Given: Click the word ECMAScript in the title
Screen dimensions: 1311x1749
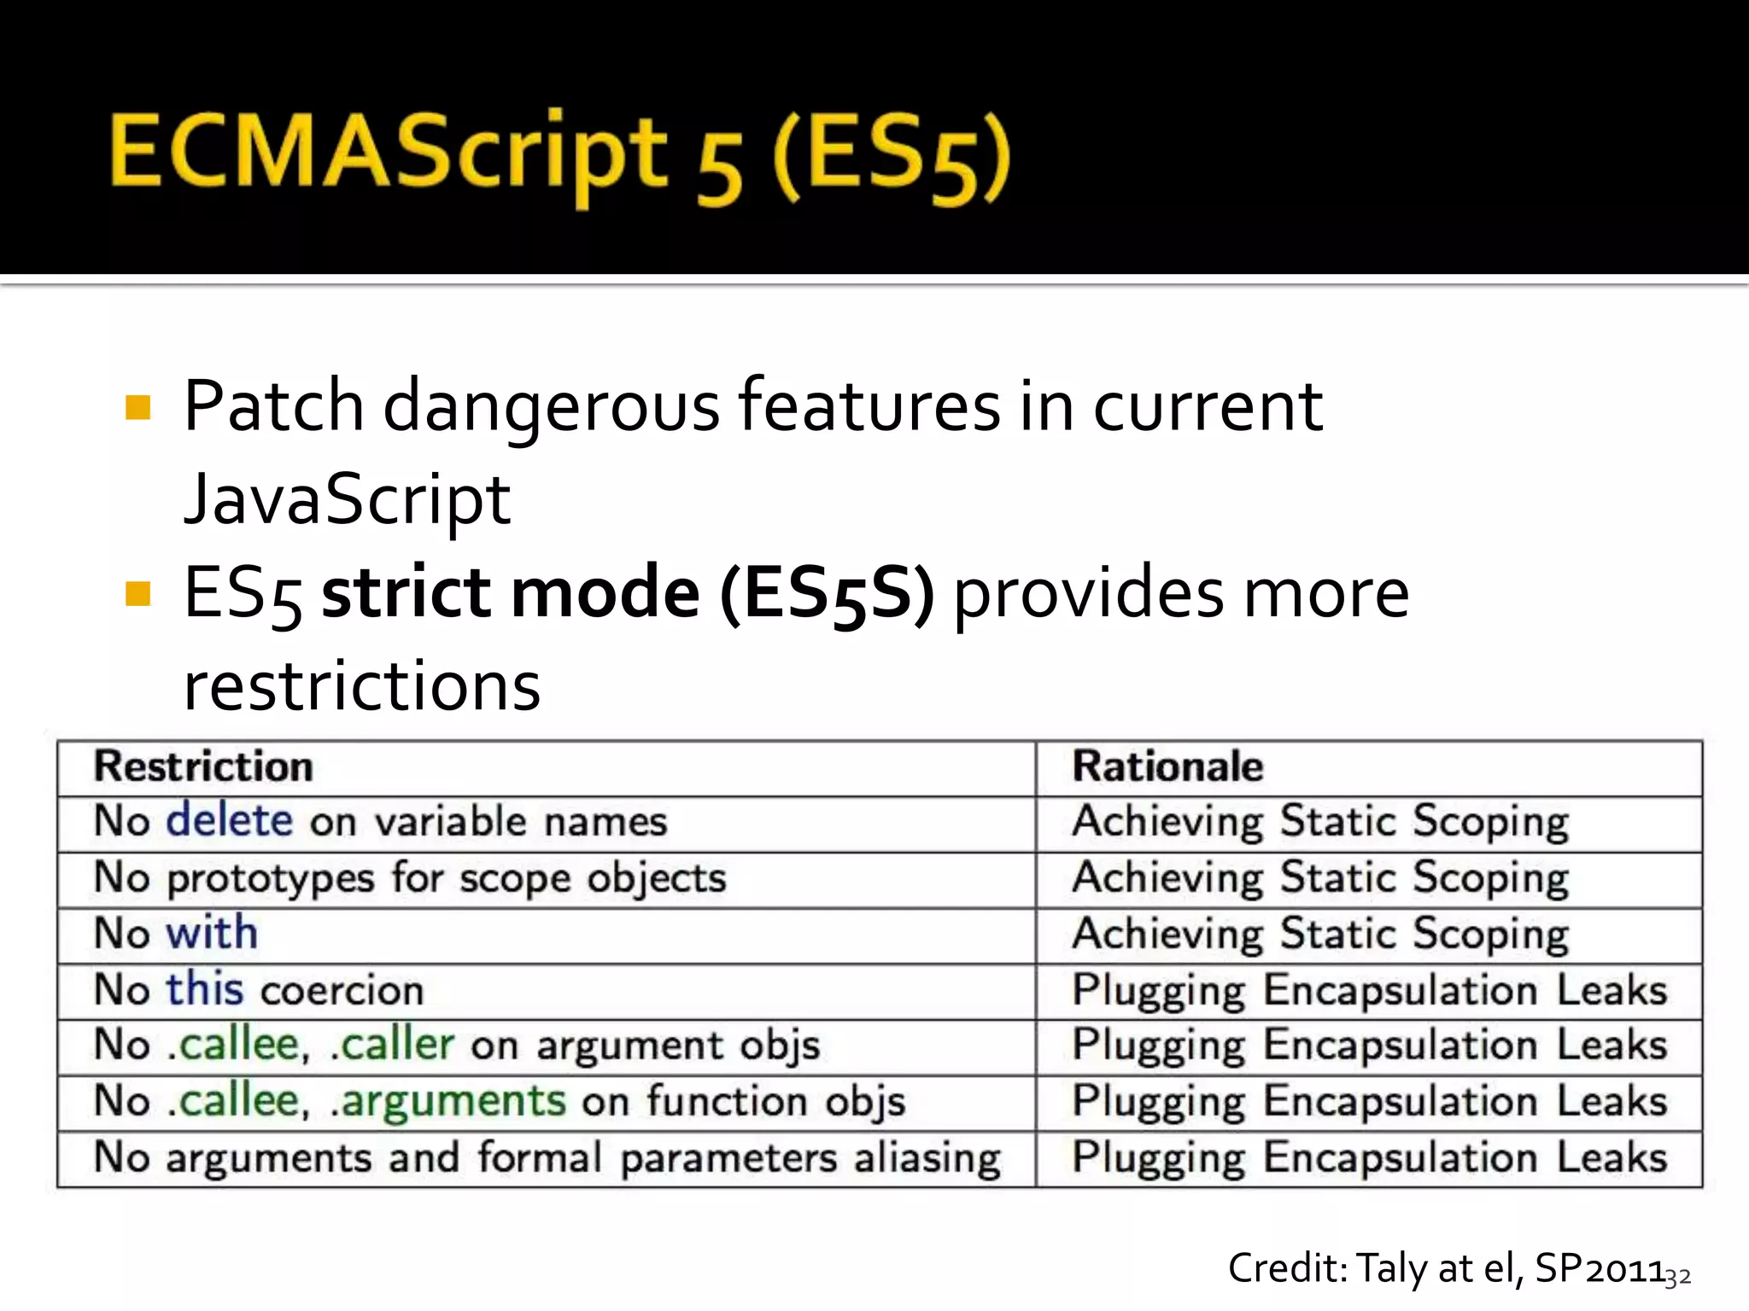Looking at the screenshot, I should [x=389, y=154].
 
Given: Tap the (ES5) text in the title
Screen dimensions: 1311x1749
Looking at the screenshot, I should [x=892, y=158].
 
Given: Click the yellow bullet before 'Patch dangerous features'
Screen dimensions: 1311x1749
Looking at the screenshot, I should [x=137, y=407].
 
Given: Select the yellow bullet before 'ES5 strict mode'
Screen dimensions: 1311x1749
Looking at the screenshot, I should [x=137, y=593].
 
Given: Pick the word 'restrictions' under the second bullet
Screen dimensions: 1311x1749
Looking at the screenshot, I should [x=362, y=687].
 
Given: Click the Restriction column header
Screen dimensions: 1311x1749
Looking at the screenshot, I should [x=203, y=766].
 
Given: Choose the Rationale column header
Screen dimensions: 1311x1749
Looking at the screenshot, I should [x=1167, y=766].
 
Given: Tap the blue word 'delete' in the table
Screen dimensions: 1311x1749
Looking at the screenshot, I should [x=229, y=821].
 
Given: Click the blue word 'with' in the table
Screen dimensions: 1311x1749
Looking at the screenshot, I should [x=212, y=933].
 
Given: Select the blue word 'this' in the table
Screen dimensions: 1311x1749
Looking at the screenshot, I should [x=205, y=990].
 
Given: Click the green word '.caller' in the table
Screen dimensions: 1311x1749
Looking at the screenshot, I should [x=392, y=1046].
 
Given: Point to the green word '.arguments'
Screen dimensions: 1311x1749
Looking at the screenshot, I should [x=448, y=1101].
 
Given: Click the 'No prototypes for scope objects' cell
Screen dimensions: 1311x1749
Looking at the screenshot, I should [x=410, y=878].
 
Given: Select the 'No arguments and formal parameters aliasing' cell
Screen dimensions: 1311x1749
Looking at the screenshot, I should [x=547, y=1158].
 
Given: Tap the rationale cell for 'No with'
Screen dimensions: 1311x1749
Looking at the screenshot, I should [x=1320, y=934].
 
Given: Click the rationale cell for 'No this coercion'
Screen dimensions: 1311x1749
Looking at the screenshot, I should [x=1369, y=990].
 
